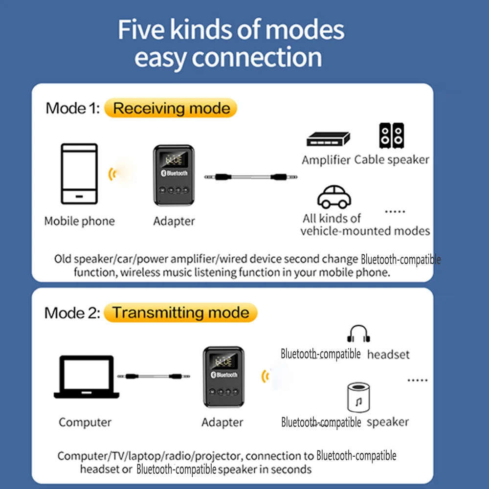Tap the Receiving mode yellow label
pos(171,108)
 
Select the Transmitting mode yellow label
pos(180,313)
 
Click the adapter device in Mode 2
pos(223,377)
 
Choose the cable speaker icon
pos(391,135)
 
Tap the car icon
pos(334,197)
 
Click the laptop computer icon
pos(87,377)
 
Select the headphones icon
pos(359,334)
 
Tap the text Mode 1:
pos(72,108)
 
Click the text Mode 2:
pos(72,313)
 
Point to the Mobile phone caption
pos(79,221)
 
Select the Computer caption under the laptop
pos(85,422)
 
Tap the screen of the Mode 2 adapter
pos(223,362)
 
